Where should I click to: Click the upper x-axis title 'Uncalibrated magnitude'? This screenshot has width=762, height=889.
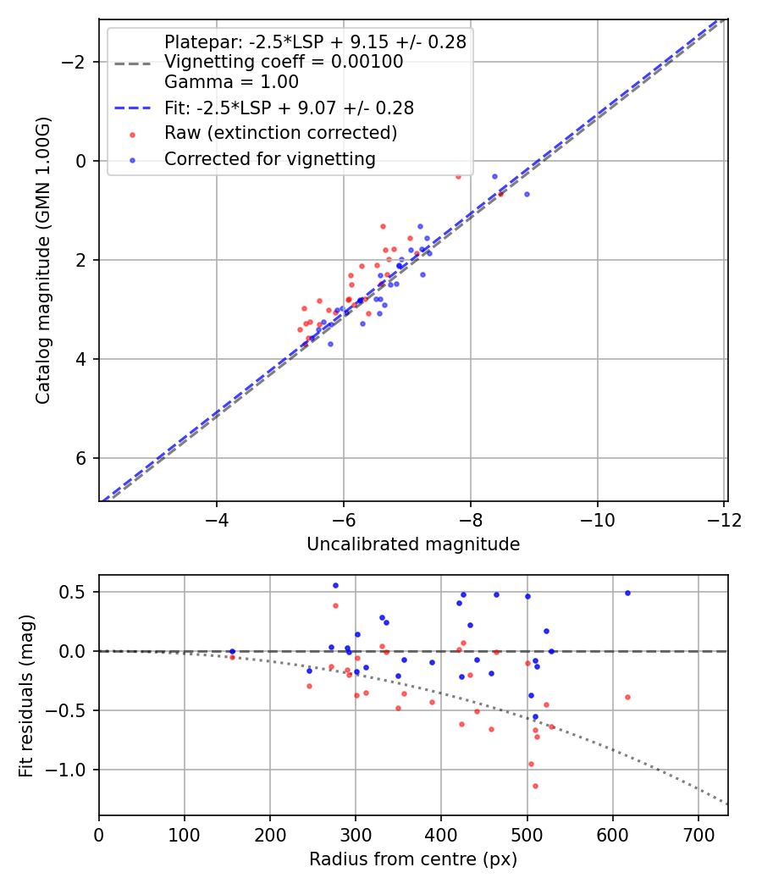413,544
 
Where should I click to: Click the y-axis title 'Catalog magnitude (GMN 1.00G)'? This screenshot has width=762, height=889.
43,261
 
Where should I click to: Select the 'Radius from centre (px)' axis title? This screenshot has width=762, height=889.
413,859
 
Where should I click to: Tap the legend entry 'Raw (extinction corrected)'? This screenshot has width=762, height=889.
280,133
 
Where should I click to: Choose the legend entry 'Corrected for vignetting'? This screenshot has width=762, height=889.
270,158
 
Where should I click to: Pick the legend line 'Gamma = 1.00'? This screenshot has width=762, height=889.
231,83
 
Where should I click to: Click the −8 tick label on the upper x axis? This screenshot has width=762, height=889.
471,519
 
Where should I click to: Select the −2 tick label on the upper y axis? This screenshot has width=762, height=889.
76,62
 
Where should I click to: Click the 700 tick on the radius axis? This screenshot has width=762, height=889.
698,834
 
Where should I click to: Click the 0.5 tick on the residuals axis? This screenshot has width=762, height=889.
76,592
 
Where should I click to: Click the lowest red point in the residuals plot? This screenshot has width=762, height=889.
535,786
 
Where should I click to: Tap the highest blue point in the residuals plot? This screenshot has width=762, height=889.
335,585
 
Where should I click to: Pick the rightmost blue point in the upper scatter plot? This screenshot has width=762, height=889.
527,194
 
